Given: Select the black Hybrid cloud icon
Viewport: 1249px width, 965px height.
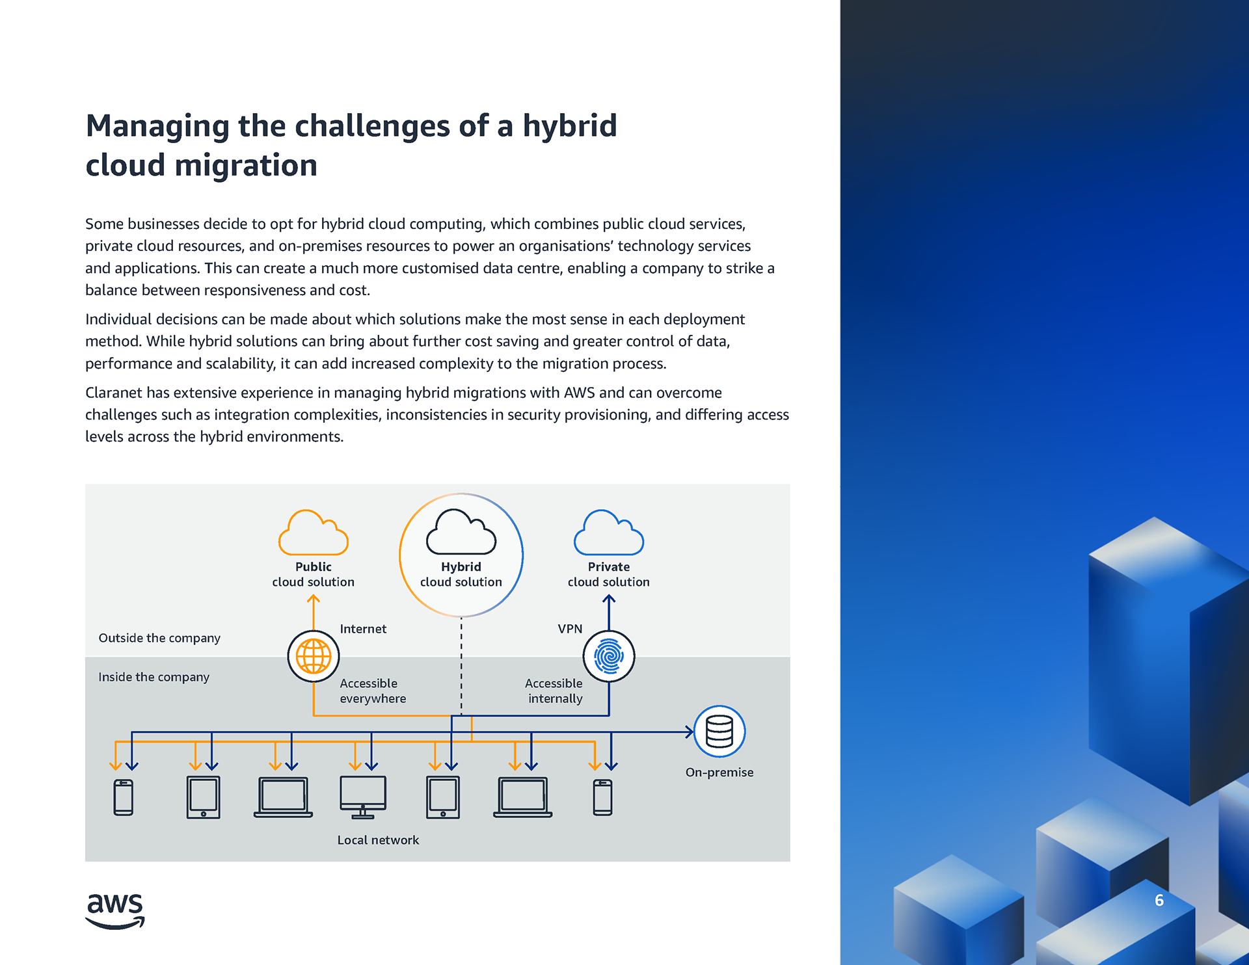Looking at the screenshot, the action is [x=461, y=533].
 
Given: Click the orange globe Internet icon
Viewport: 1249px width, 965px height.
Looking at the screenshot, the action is [x=314, y=655].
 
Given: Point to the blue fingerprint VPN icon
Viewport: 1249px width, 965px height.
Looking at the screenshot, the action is [x=609, y=655].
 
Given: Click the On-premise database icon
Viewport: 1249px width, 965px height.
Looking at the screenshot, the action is [x=719, y=732].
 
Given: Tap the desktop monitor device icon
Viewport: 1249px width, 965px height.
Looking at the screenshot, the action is [x=363, y=797].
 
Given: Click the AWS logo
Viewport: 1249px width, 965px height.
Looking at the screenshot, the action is [x=114, y=910].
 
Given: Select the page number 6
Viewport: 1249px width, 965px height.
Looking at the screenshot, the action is [x=1159, y=900].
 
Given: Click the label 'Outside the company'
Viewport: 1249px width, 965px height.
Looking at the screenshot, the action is [x=159, y=638].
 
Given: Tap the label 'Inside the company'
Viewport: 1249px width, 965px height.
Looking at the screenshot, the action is [x=154, y=677].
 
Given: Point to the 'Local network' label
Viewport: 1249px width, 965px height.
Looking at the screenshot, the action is [x=378, y=840].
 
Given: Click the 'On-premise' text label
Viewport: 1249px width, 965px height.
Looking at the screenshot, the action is [x=719, y=773].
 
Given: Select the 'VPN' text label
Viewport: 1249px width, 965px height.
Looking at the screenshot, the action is [x=570, y=629].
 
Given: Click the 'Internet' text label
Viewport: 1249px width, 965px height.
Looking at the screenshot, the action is [x=363, y=629].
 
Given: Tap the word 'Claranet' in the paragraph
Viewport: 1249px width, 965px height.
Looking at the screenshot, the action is [x=113, y=393].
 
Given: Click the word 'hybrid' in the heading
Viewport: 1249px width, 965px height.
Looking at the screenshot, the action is [x=569, y=126].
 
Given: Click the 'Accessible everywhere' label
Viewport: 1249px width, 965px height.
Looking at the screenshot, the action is [x=372, y=691].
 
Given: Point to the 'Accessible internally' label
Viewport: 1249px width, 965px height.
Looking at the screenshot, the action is [x=554, y=691].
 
